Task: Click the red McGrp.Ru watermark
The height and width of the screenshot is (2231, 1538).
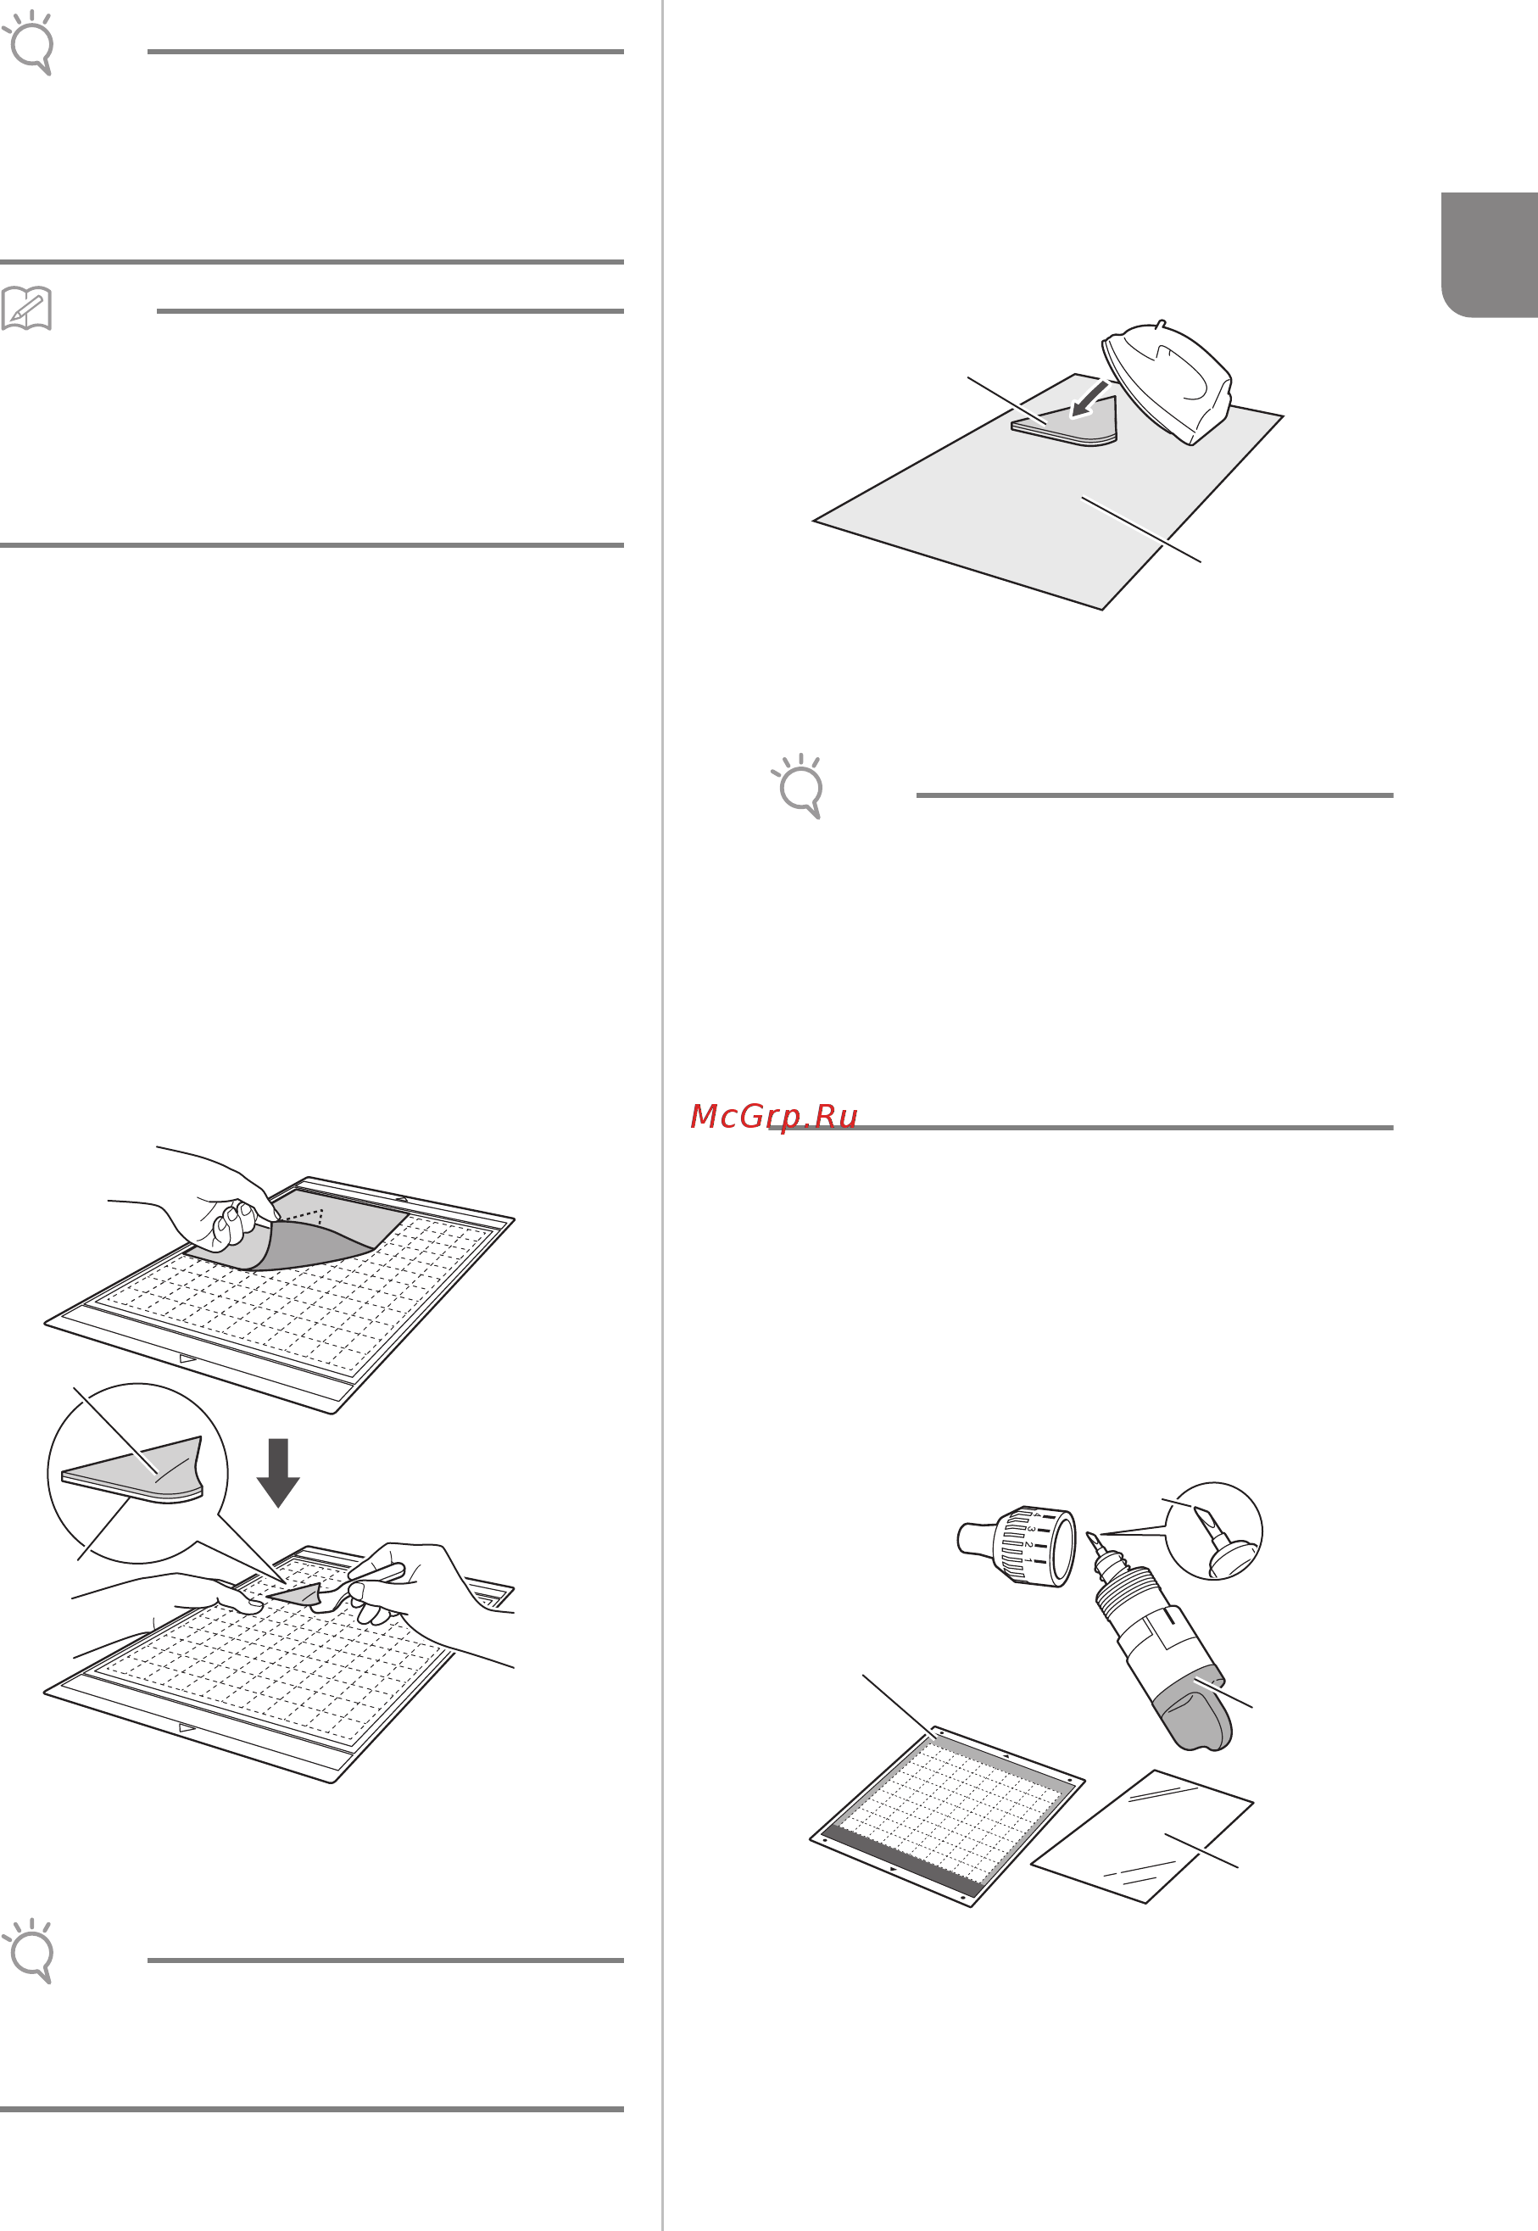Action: [x=774, y=1116]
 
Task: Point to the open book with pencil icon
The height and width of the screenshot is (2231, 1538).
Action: [x=26, y=309]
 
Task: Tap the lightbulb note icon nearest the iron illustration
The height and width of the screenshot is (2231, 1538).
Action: [x=799, y=784]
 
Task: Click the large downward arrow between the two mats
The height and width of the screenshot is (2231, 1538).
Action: [x=277, y=1471]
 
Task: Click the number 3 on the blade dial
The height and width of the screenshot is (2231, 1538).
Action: [x=1030, y=1530]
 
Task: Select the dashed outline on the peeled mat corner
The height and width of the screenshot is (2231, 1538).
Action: [x=304, y=1215]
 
